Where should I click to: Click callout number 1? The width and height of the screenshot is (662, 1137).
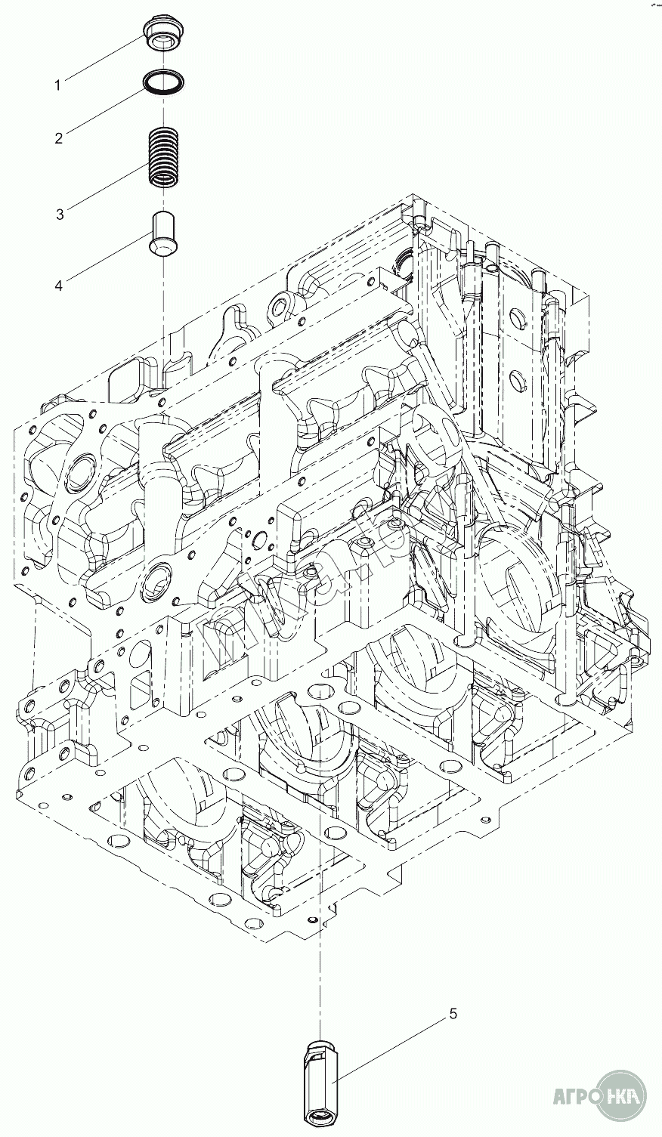coord(57,85)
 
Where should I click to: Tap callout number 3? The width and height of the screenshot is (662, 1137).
coord(60,214)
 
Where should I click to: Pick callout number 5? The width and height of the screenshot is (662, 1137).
coord(453,1014)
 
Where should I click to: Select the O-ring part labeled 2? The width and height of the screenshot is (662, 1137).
coord(163,82)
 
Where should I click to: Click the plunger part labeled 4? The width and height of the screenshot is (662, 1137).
coord(162,233)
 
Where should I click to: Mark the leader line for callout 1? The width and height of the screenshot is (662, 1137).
coord(102,57)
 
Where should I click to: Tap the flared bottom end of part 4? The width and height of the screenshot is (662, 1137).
coord(162,247)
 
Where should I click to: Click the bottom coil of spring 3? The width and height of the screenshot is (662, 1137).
coord(162,179)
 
